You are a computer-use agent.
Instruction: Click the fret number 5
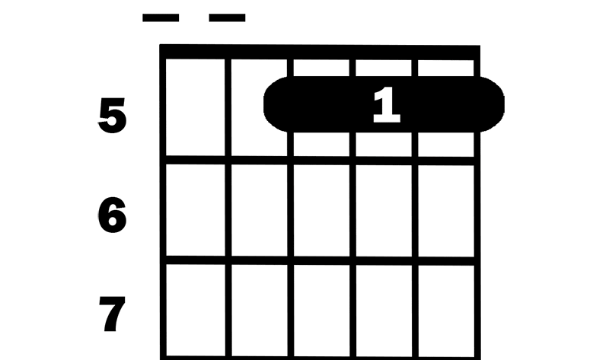coord(112,116)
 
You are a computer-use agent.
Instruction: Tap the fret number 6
coord(112,215)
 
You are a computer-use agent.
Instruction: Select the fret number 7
coord(112,314)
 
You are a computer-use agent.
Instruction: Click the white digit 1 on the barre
coord(387,105)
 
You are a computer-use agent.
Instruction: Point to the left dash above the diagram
coord(161,18)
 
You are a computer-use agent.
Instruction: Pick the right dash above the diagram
coord(227,18)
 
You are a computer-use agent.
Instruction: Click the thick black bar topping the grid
coord(320,52)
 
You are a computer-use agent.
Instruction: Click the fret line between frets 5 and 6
coord(320,160)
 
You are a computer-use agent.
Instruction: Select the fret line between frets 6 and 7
coord(320,260)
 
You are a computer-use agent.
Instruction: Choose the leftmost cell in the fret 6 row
coord(196,210)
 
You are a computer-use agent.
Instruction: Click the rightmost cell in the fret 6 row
coord(446,211)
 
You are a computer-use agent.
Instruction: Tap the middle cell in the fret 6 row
coord(321,211)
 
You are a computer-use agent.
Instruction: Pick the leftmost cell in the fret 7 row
coord(196,311)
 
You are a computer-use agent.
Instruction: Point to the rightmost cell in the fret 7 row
coord(446,311)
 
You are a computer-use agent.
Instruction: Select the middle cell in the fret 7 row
coord(321,311)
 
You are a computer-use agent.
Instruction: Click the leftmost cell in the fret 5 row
coord(196,107)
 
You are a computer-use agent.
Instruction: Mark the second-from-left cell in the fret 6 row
coord(260,211)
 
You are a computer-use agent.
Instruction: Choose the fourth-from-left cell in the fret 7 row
coord(384,311)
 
